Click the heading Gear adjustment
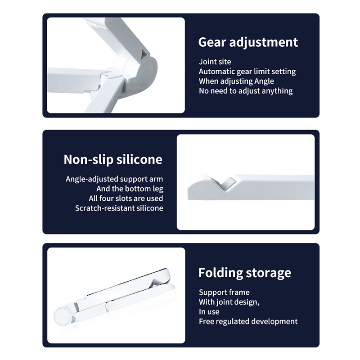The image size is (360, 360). tap(248, 42)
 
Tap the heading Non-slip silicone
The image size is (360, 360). tap(113, 159)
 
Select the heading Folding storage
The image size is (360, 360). tap(245, 273)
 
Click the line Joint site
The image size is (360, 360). tap(215, 62)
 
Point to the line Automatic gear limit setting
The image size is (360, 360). tap(247, 72)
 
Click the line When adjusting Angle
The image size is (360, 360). tap(237, 81)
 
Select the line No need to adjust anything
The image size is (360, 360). tap(246, 91)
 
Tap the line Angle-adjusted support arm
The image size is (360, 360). tap(114, 179)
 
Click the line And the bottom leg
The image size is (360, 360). tap(130, 189)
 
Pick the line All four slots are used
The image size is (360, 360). tap(126, 198)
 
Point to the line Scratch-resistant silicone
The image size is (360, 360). tap(119, 208)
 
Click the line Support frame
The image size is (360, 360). tap(224, 292)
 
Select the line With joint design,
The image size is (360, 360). tap(229, 302)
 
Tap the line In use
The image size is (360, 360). tap(209, 312)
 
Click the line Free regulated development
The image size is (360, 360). tap(248, 321)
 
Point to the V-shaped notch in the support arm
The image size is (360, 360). tap(225, 183)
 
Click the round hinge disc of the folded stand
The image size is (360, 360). tap(63, 316)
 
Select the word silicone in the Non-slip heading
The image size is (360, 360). tap(139, 159)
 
